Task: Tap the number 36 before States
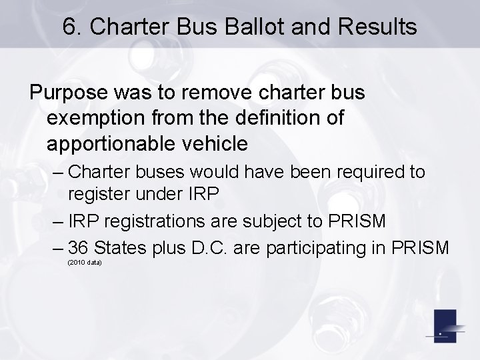tap(79, 247)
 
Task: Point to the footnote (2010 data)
tap(85, 263)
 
